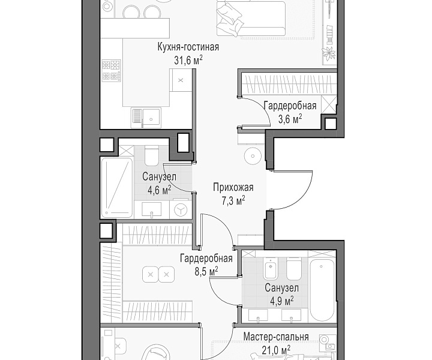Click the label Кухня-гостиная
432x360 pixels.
(x=188, y=47)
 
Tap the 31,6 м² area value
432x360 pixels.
(x=188, y=60)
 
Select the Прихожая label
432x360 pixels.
(x=233, y=188)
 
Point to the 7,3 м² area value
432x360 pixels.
(x=233, y=201)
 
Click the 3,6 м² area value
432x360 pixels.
(x=290, y=119)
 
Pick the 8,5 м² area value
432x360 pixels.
(x=206, y=272)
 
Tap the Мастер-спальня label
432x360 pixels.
(x=276, y=337)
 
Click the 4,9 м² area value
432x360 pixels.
(x=281, y=301)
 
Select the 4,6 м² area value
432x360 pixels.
(x=159, y=190)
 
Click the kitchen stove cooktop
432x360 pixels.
(x=112, y=71)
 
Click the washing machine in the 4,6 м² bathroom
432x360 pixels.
(x=180, y=210)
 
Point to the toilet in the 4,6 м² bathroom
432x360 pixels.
(x=152, y=155)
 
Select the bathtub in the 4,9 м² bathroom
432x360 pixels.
(x=322, y=290)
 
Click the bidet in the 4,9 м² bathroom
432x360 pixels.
(x=271, y=269)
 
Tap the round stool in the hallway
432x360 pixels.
(x=253, y=156)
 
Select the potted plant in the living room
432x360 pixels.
(x=329, y=53)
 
